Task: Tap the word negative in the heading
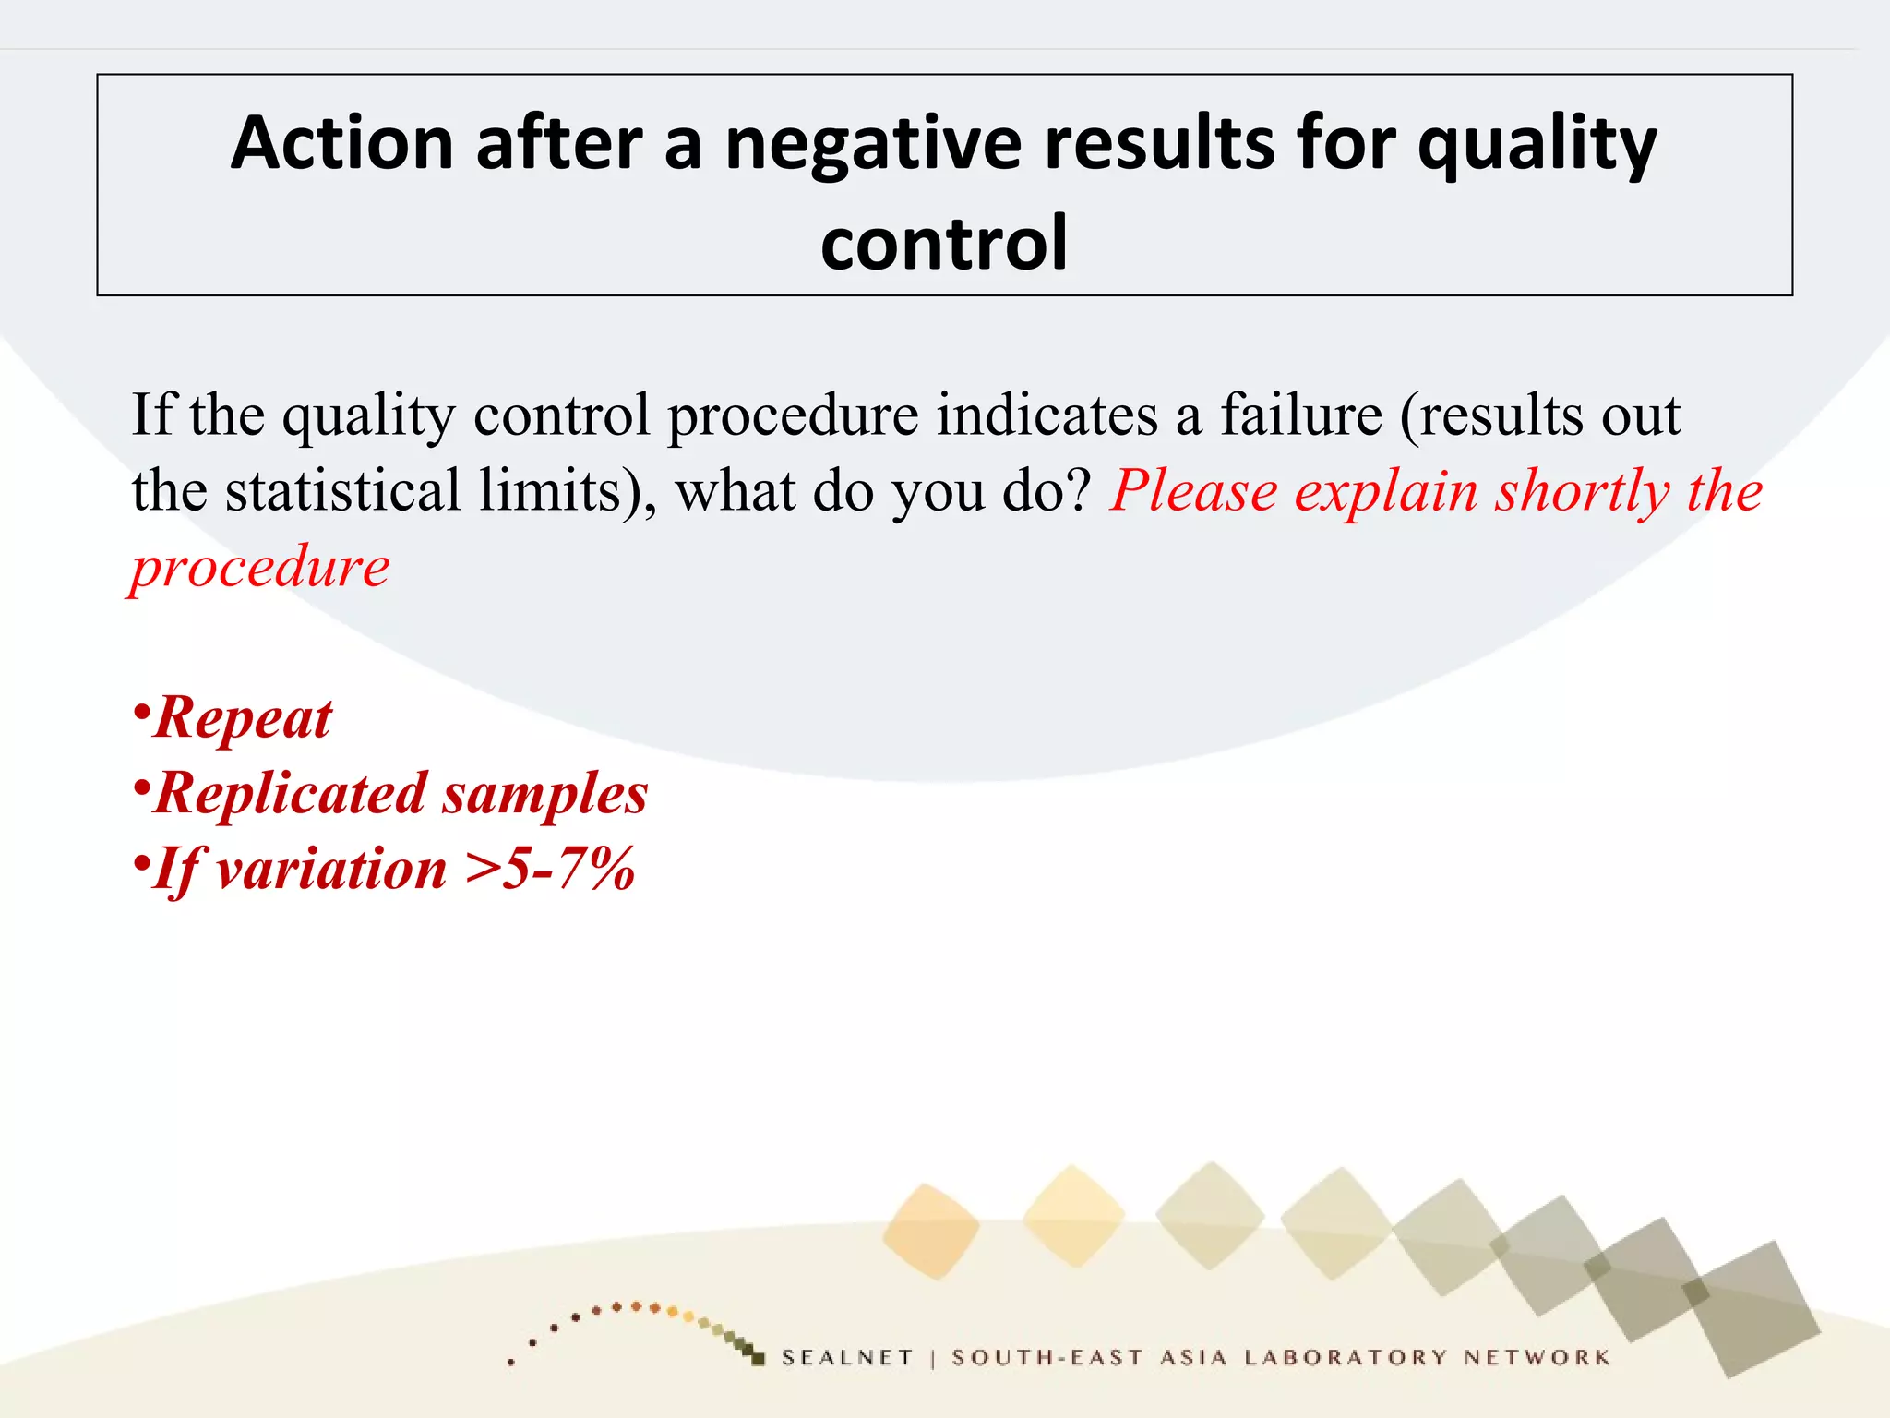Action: (x=873, y=144)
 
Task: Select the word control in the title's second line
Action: (x=944, y=244)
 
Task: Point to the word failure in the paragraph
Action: (x=1301, y=415)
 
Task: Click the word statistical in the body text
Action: (x=342, y=490)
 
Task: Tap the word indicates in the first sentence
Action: (x=1047, y=415)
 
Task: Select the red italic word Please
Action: (x=1194, y=490)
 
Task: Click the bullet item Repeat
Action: (x=242, y=718)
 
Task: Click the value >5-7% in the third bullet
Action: (x=550, y=870)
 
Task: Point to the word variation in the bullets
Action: (x=331, y=870)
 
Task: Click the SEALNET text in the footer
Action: (x=846, y=1357)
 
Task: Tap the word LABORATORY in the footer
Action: (x=1346, y=1357)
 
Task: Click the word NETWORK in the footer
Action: (x=1537, y=1357)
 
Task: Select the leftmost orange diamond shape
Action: (x=930, y=1232)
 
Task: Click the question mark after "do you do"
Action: (x=1078, y=490)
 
